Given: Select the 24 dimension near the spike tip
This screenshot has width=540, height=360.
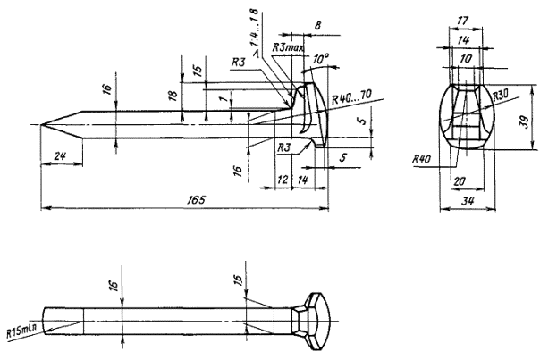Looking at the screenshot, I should tap(59, 156).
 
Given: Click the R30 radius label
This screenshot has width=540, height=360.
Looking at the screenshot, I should tap(499, 92).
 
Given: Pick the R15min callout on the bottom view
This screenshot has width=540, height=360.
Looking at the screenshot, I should tap(21, 331).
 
